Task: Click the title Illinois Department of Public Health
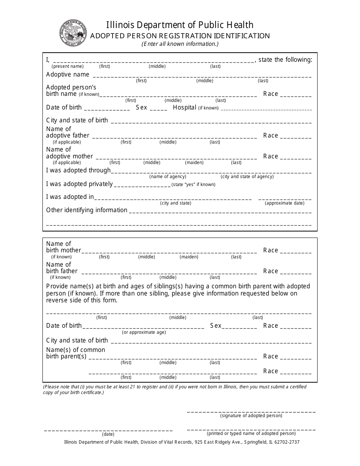pyautogui.click(x=180, y=25)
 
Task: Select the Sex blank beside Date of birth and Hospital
pyautogui.click(x=158, y=109)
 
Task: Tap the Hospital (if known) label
pyautogui.click(x=196, y=108)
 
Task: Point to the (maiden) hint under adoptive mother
pyautogui.click(x=194, y=163)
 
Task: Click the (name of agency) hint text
pyautogui.click(x=167, y=177)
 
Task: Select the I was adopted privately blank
pyautogui.click(x=142, y=185)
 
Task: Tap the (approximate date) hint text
pyautogui.click(x=284, y=203)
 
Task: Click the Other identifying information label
pyautogui.click(x=87, y=210)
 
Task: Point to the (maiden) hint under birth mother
pyautogui.click(x=189, y=257)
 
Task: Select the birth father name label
pyautogui.click(x=61, y=268)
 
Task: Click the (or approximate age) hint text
pyautogui.click(x=144, y=332)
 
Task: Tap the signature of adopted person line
pyautogui.click(x=251, y=411)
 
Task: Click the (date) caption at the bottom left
pyautogui.click(x=108, y=434)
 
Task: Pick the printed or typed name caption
pyautogui.click(x=251, y=433)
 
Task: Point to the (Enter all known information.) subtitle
pyautogui.click(x=180, y=44)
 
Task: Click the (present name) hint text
pyautogui.click(x=67, y=66)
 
